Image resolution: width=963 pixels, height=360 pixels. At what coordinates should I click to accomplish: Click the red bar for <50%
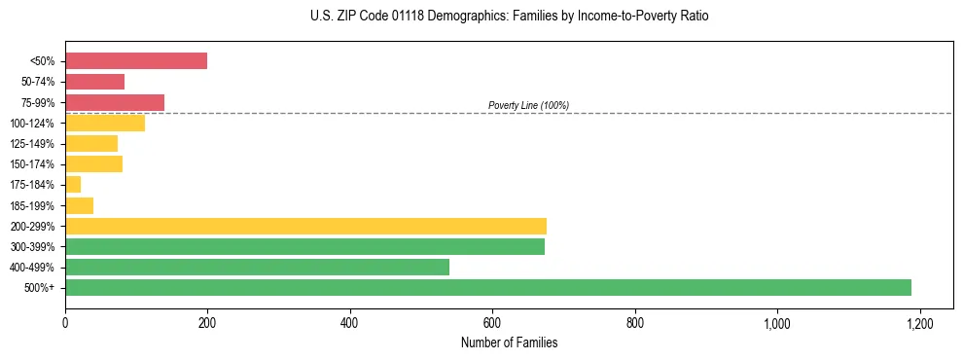click(x=136, y=61)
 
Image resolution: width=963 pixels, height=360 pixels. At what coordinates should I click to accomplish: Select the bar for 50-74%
click(x=94, y=82)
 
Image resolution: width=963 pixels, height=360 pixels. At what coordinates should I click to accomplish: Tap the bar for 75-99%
click(x=115, y=102)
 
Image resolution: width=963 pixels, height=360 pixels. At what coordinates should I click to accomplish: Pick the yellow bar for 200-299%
click(x=305, y=226)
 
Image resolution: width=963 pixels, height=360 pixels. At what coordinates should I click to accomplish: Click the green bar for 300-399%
click(x=304, y=246)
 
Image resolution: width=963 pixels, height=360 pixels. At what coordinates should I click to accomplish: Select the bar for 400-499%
click(x=257, y=267)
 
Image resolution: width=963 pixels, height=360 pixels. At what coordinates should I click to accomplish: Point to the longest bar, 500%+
click(x=488, y=287)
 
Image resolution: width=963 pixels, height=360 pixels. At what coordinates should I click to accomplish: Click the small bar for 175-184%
click(x=73, y=185)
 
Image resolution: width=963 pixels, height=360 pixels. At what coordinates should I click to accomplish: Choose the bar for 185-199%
click(x=79, y=205)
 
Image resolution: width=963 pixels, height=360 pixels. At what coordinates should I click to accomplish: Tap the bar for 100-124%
click(x=105, y=123)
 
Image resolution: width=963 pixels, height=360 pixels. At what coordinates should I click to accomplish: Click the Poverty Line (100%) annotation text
click(x=528, y=105)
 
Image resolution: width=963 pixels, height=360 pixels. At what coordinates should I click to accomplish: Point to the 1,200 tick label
click(x=919, y=323)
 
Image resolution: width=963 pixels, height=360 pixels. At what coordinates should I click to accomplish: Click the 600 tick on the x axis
click(x=492, y=323)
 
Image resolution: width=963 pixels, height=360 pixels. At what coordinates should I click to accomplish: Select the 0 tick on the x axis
click(x=65, y=323)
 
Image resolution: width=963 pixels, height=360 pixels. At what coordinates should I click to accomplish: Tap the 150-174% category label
click(x=32, y=164)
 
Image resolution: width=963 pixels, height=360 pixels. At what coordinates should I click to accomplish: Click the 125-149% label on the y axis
click(x=32, y=144)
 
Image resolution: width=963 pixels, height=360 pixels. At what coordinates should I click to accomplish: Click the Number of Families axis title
click(x=509, y=342)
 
